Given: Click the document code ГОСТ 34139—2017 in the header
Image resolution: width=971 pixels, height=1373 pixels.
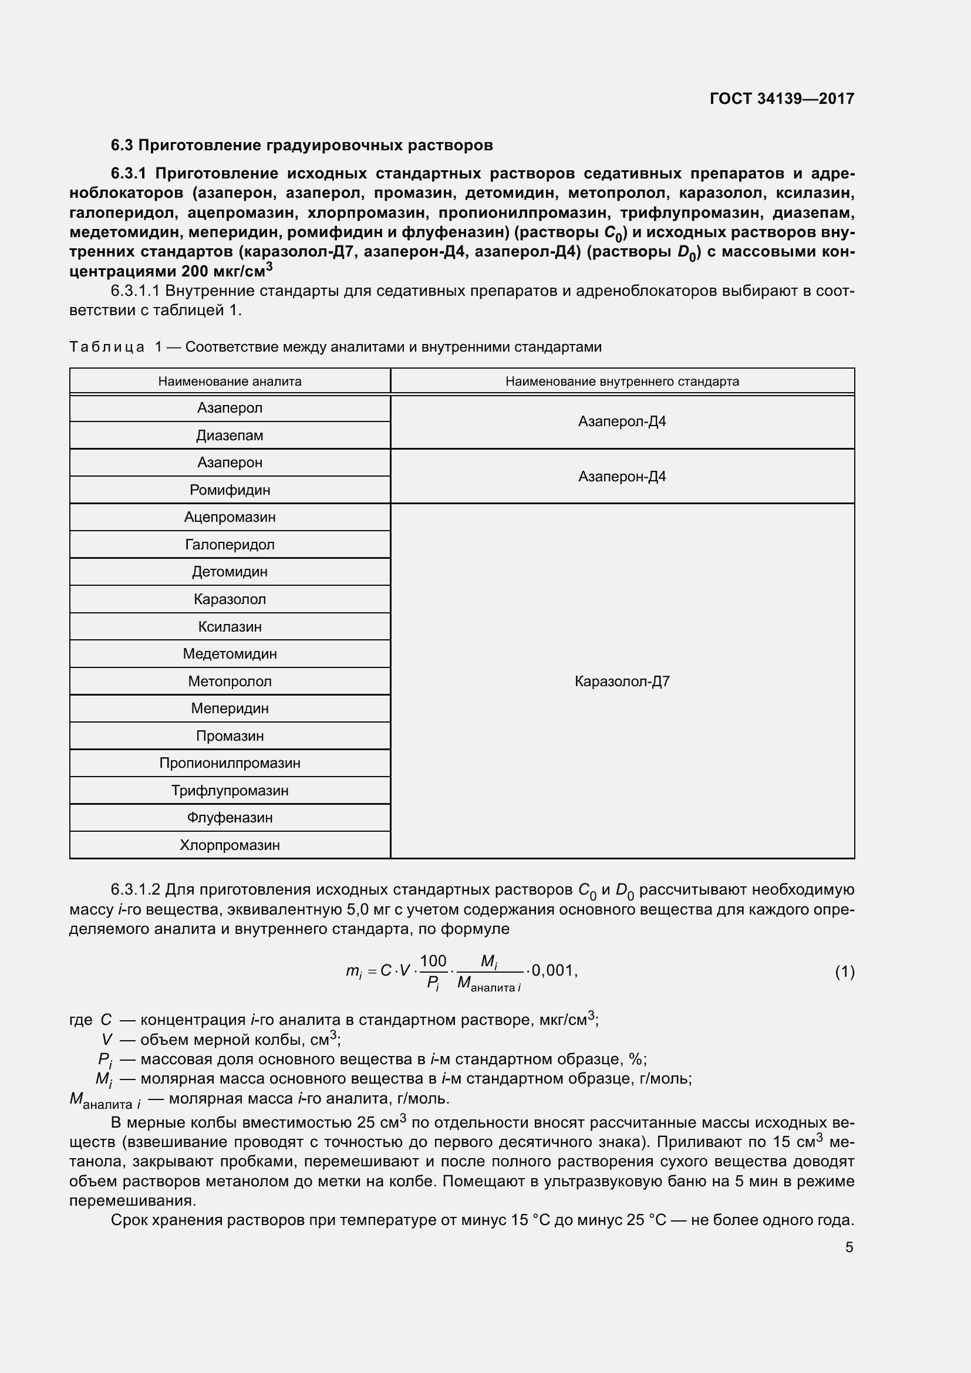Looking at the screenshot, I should point(781,99).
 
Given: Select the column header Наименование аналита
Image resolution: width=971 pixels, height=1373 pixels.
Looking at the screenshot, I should point(230,382).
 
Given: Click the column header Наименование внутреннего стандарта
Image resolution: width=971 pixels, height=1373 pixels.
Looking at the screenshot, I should point(622,382).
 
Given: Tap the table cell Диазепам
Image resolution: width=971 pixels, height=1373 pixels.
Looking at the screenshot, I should point(230,436).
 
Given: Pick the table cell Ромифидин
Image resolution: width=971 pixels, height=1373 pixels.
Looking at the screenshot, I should point(230,490).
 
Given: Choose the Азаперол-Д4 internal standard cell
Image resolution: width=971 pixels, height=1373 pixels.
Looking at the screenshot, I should point(622,421).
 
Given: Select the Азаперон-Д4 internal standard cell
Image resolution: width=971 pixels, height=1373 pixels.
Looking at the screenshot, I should point(622,477).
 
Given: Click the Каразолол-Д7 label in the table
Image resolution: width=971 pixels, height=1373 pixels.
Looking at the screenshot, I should point(622,681).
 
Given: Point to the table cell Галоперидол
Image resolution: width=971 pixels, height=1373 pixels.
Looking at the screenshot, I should point(230,545).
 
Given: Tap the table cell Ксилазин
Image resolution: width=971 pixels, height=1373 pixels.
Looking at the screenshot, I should point(230,627).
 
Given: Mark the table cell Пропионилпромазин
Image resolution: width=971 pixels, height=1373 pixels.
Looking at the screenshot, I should point(230,763).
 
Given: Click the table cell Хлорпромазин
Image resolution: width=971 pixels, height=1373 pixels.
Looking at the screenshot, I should point(230,845).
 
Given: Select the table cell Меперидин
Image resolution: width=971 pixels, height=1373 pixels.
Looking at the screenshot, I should point(230,709).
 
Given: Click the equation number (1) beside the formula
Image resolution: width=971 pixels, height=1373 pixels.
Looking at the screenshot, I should point(844,971).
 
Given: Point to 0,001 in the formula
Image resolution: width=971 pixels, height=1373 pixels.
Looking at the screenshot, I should point(553,970).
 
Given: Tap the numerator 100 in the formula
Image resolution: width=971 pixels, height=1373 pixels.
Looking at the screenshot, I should point(433,961).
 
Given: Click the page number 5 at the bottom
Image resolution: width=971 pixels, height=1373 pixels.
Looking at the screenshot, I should point(849,1247).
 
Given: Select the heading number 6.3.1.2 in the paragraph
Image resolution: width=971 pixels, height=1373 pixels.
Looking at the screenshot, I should point(135,890).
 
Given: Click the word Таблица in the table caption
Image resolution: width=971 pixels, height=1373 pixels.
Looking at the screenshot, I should point(106,348).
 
